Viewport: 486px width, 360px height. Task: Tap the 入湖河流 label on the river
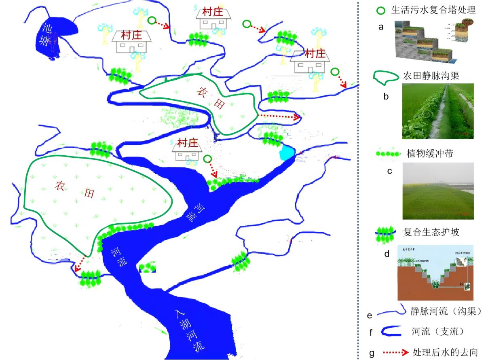190,330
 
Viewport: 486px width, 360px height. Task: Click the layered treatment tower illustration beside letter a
431,41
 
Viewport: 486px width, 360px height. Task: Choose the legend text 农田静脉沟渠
431,76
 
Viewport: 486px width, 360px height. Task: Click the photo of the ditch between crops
438,111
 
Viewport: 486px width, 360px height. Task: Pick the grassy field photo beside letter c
438,191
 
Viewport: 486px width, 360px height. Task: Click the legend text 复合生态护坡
431,233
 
